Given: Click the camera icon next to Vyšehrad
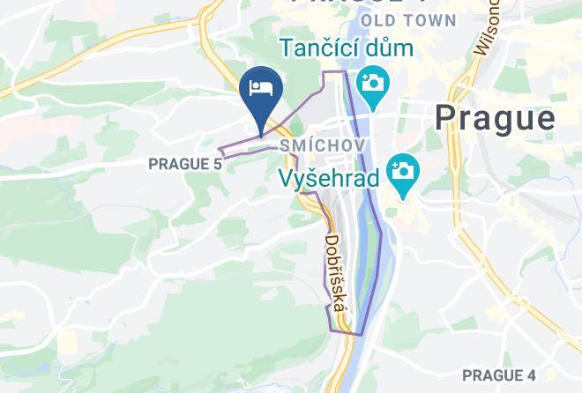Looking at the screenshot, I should (x=402, y=167).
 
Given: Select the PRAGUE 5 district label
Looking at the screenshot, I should (x=185, y=164).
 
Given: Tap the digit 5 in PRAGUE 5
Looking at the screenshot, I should (x=217, y=164).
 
